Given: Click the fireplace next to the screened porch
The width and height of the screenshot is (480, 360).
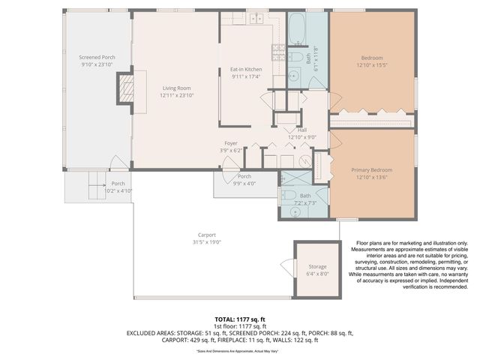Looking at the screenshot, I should coord(124,88).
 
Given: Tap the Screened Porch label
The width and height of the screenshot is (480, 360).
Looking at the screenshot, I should coord(97,57).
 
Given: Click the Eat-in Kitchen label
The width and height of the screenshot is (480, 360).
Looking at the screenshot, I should coord(245,69).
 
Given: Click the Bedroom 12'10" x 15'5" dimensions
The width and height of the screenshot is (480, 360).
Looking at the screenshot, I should coord(371,66).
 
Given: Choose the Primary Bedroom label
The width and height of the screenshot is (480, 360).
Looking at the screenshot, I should coord(371,170).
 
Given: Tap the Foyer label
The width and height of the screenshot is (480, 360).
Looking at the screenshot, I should coord(231,143).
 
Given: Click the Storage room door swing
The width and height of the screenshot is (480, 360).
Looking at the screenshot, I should coord(285,266).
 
